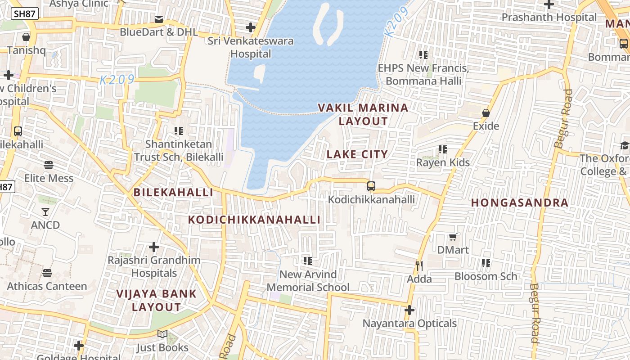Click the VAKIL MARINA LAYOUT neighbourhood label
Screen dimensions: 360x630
tap(363, 114)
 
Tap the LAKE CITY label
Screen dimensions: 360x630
tap(357, 154)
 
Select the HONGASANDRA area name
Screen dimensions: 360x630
tap(520, 202)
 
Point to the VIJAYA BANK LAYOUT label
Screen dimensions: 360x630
tap(157, 300)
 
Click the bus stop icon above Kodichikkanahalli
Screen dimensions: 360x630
tap(371, 186)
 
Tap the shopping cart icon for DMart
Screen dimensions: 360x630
tap(453, 237)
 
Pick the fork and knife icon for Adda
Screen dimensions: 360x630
tap(419, 266)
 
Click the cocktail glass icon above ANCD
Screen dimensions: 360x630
tap(45, 211)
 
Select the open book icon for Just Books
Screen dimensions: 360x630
tap(162, 334)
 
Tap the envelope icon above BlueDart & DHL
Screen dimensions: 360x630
tap(159, 19)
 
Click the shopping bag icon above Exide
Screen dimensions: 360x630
tap(486, 113)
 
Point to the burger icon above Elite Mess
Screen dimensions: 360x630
tap(49, 165)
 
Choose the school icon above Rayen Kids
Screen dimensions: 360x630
tap(443, 149)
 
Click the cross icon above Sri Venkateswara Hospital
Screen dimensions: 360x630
tap(251, 27)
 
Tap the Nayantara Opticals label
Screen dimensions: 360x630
tap(409, 323)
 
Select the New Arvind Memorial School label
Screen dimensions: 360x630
tap(308, 281)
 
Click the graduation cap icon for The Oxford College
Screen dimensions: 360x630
tap(624, 145)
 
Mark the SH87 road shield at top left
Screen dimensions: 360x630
tap(25, 13)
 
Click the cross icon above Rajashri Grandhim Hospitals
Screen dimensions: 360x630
tap(154, 247)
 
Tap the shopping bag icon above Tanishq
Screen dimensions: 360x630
tap(26, 37)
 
